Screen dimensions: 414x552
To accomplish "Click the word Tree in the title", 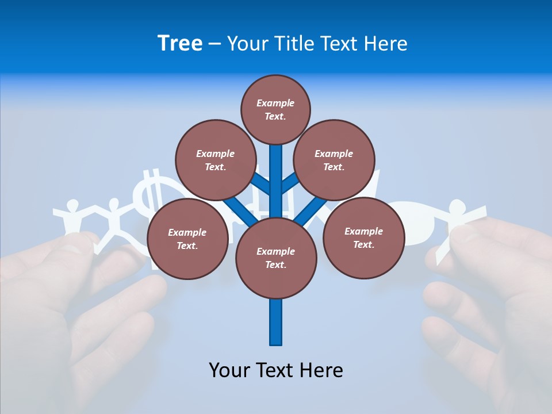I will [x=180, y=44].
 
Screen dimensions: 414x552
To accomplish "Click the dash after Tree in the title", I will [x=215, y=44].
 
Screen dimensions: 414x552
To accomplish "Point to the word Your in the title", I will [x=247, y=44].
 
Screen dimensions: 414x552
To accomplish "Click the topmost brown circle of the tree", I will [x=275, y=109].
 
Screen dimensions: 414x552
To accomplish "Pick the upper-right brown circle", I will [x=334, y=160].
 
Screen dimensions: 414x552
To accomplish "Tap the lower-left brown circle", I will [x=187, y=239].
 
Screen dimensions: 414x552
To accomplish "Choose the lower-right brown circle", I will [x=363, y=237].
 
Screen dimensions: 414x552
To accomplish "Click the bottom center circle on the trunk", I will [x=276, y=258].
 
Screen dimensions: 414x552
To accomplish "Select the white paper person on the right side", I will [x=457, y=221].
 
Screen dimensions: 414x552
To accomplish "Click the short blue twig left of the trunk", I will [x=262, y=184].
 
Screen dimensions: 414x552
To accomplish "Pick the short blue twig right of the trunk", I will [x=289, y=183].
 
